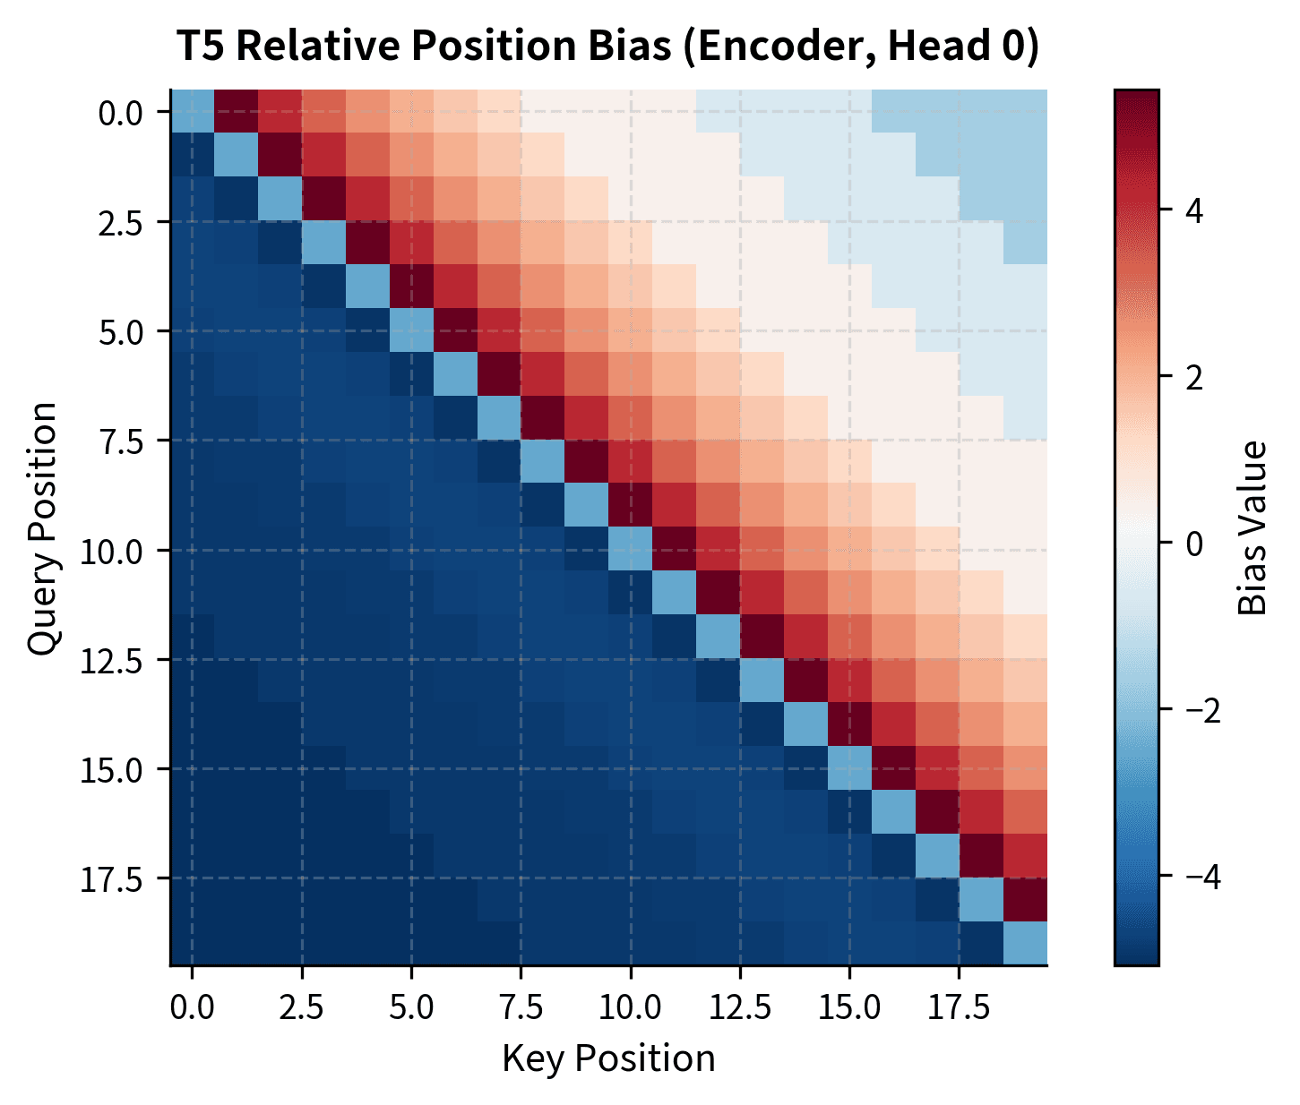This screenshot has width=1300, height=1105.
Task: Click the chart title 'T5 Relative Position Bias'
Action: [x=607, y=47]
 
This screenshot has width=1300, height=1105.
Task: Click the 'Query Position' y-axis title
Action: [x=42, y=528]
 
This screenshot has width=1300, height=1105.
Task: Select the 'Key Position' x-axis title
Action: [x=608, y=1058]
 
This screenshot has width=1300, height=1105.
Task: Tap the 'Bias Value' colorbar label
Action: [x=1253, y=528]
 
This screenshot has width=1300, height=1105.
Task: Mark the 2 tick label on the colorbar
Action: [x=1188, y=377]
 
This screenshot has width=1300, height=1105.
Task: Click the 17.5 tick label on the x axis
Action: [x=959, y=1007]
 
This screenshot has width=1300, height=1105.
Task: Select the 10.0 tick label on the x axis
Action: [x=630, y=1007]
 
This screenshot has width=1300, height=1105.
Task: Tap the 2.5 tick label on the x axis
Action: [x=301, y=1007]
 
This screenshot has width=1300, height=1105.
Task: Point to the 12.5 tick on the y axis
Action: [x=116, y=660]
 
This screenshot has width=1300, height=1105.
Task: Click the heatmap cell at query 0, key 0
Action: [x=192, y=111]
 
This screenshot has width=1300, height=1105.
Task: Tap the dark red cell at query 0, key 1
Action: [x=236, y=111]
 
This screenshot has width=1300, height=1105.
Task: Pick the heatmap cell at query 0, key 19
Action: [x=1025, y=111]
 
